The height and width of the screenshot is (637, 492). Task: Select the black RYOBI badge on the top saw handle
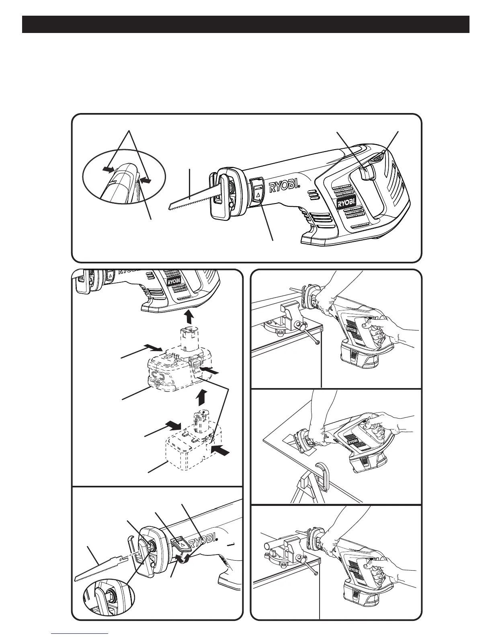click(x=346, y=204)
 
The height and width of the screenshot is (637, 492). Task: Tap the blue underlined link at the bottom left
click(x=80, y=634)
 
